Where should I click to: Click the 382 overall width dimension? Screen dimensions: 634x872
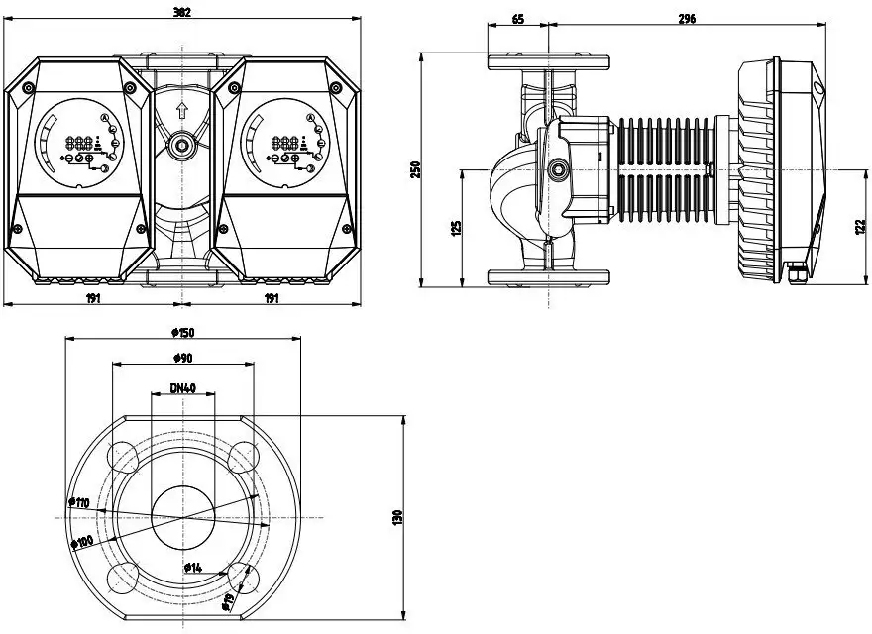click(181, 12)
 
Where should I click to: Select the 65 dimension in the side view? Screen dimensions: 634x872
click(517, 19)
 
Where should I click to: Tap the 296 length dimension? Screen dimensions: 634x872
click(688, 19)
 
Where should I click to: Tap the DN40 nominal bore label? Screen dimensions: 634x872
click(181, 387)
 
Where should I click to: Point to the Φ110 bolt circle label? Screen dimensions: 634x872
click(79, 503)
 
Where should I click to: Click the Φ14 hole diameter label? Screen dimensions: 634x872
click(192, 567)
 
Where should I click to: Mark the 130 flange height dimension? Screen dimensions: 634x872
click(397, 516)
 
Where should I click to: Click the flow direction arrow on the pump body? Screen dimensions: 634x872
click(181, 110)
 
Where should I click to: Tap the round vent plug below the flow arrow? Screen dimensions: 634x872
click(181, 147)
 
